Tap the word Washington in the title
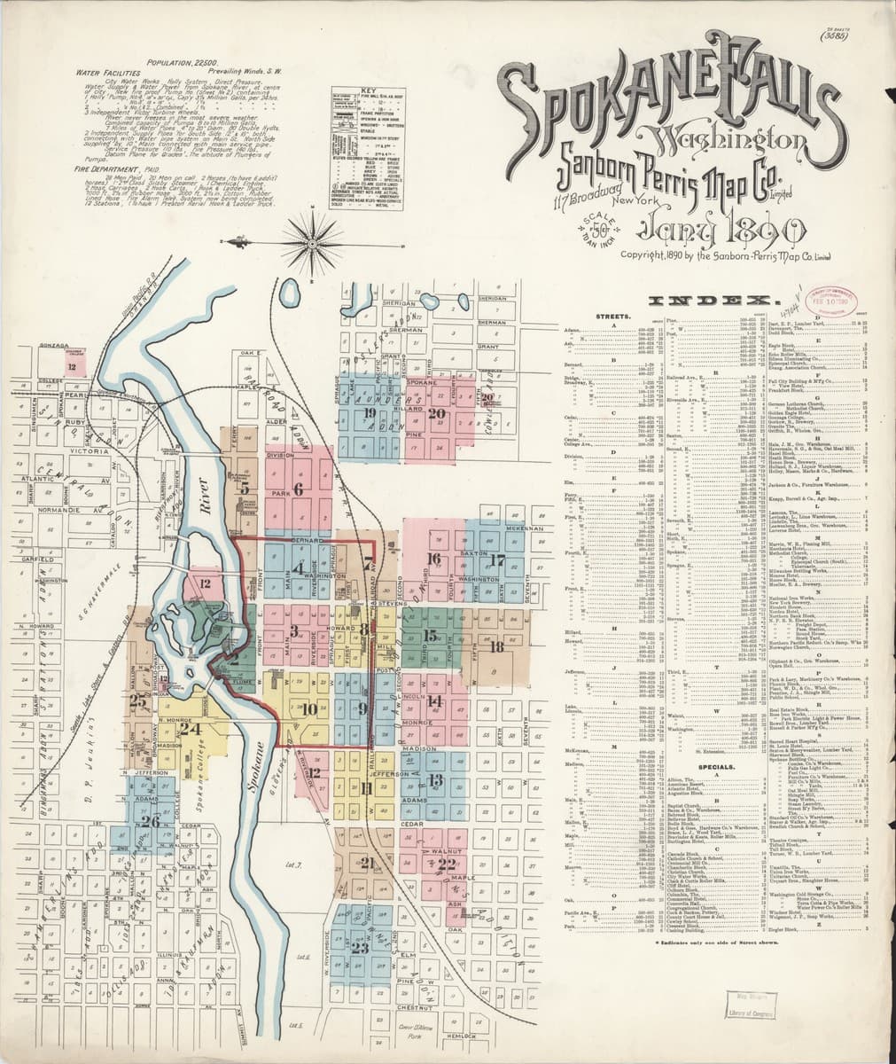(x=724, y=139)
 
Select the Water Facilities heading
(x=107, y=74)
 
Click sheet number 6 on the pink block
(x=298, y=489)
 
